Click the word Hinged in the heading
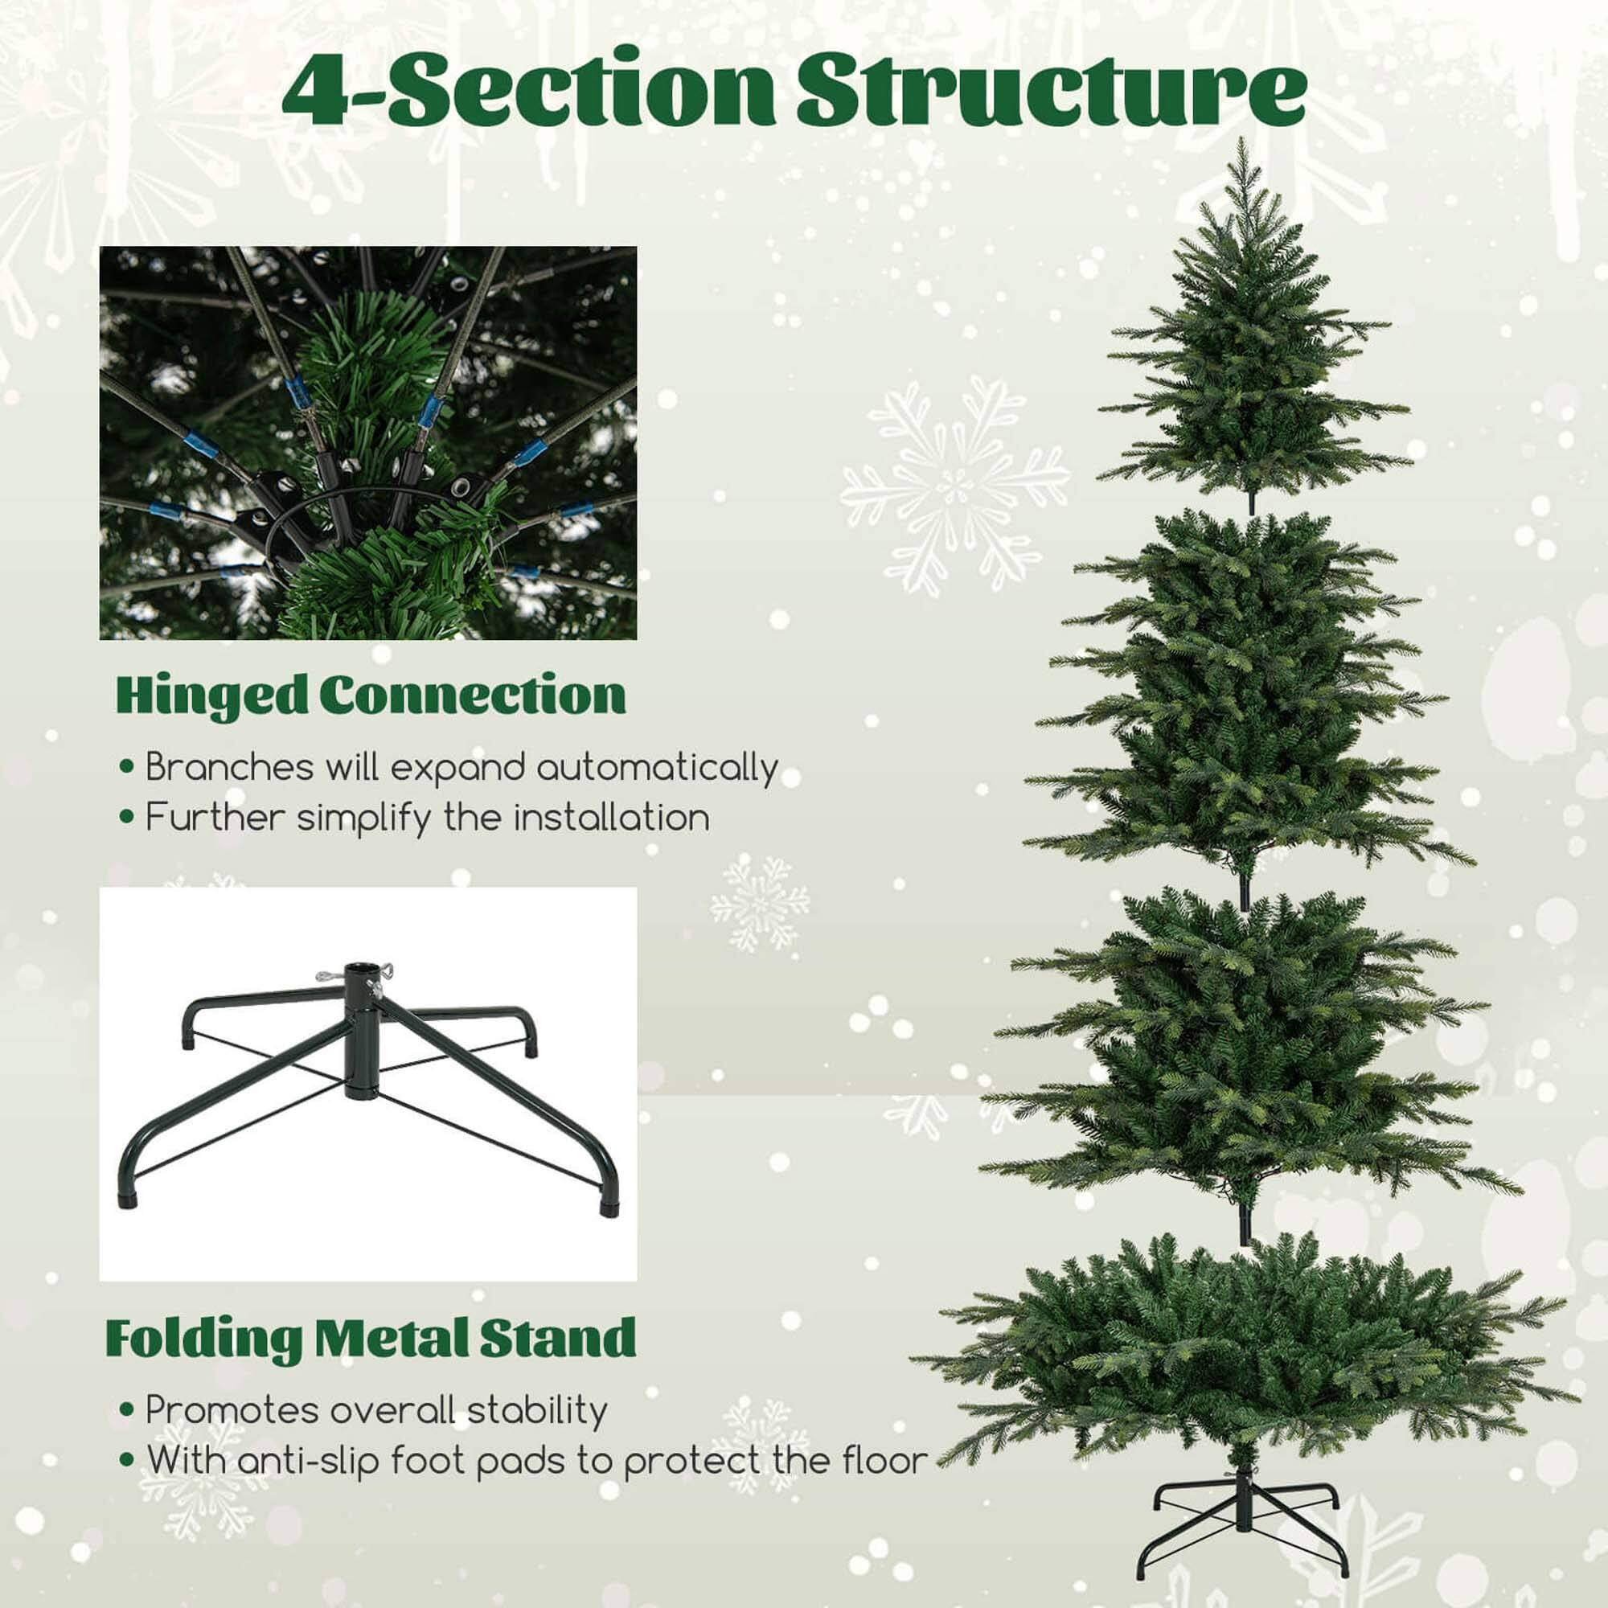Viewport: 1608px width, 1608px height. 211,695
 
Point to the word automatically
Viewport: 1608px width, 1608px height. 657,767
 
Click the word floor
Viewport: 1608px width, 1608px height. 884,1460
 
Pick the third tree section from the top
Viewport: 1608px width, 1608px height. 1249,1057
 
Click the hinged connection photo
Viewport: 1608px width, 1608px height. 368,443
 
